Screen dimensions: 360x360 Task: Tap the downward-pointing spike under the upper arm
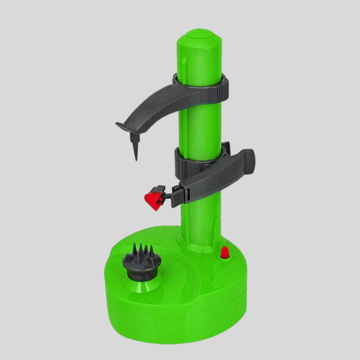135,148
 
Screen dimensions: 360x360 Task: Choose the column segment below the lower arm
200,215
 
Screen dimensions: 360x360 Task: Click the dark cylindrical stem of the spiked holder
138,272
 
